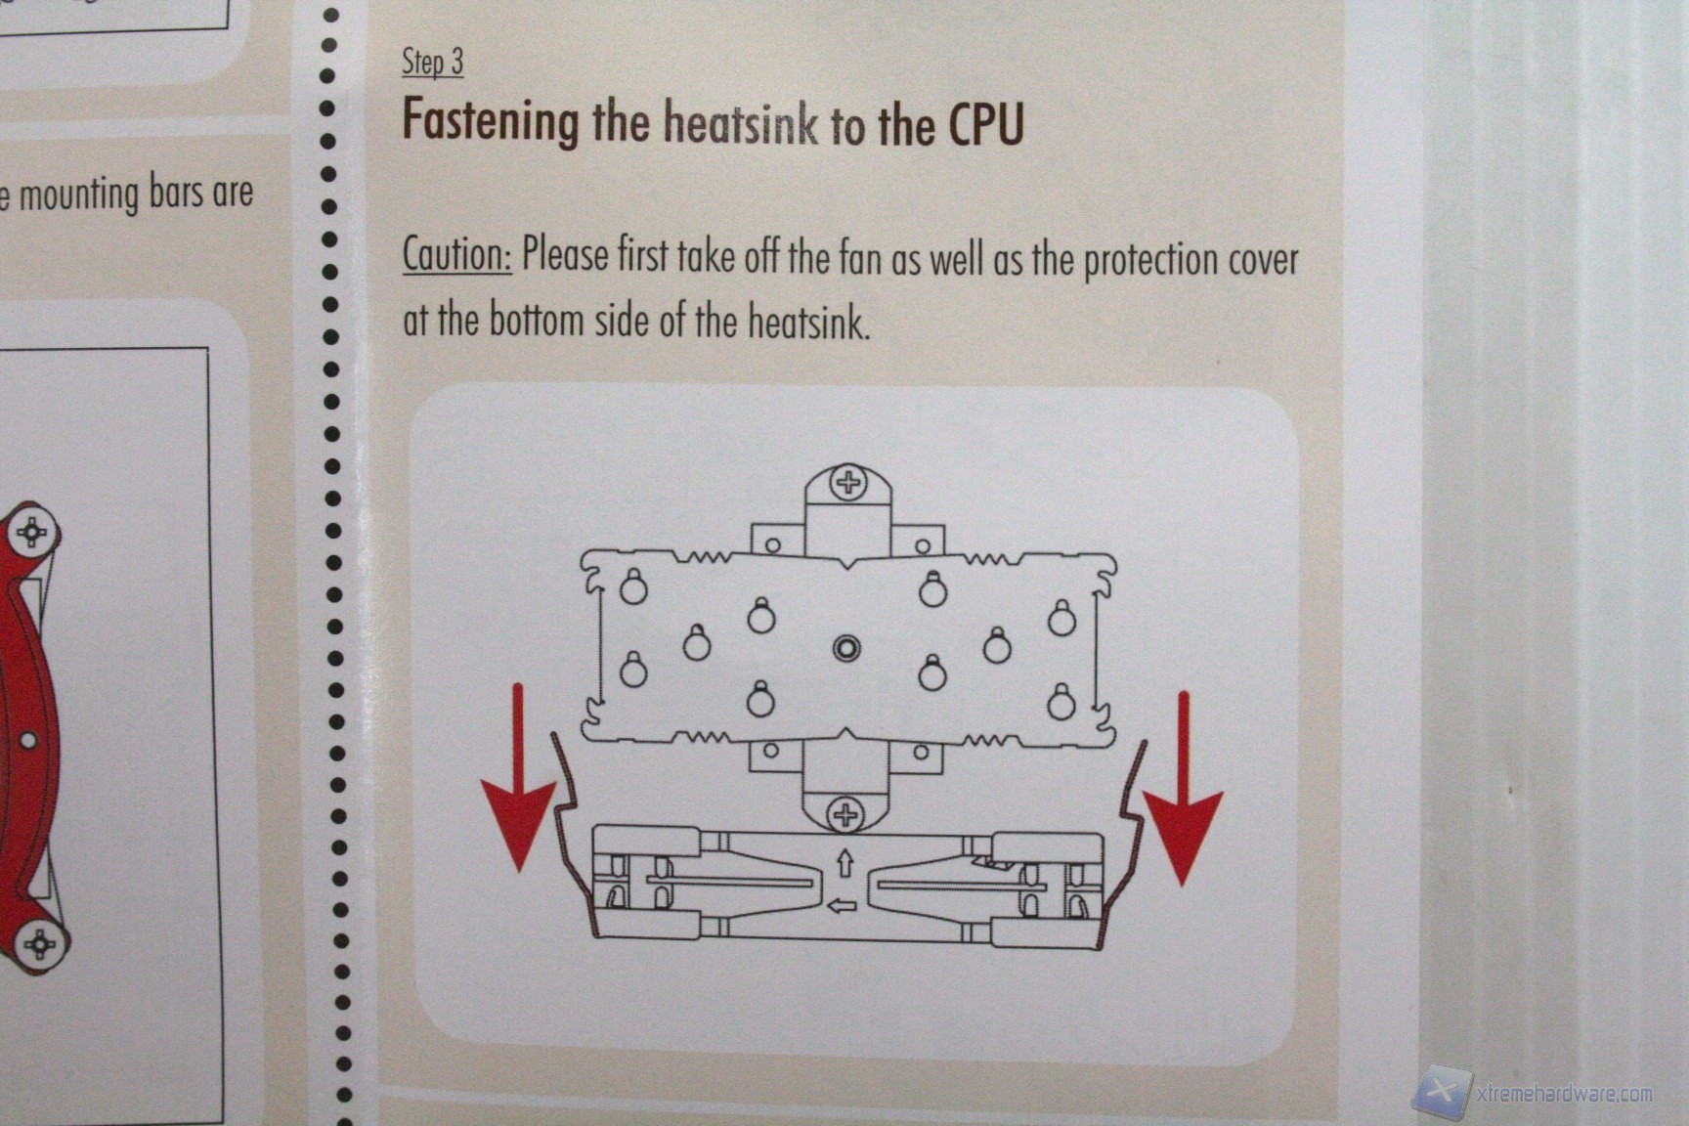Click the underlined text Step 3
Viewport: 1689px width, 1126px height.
coord(432,62)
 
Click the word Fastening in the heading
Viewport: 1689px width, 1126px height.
coord(491,122)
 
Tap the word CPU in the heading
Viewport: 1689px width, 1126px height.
coord(985,124)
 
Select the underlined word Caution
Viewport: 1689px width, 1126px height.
coord(456,254)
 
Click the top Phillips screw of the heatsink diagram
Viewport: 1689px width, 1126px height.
coord(847,482)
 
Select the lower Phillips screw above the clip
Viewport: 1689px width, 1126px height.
coord(846,813)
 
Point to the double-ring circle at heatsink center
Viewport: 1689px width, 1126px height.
coord(846,648)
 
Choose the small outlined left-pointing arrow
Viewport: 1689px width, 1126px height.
coord(842,906)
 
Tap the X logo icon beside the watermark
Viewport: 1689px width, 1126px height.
coord(1441,1090)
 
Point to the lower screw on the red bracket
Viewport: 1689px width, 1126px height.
coord(39,944)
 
